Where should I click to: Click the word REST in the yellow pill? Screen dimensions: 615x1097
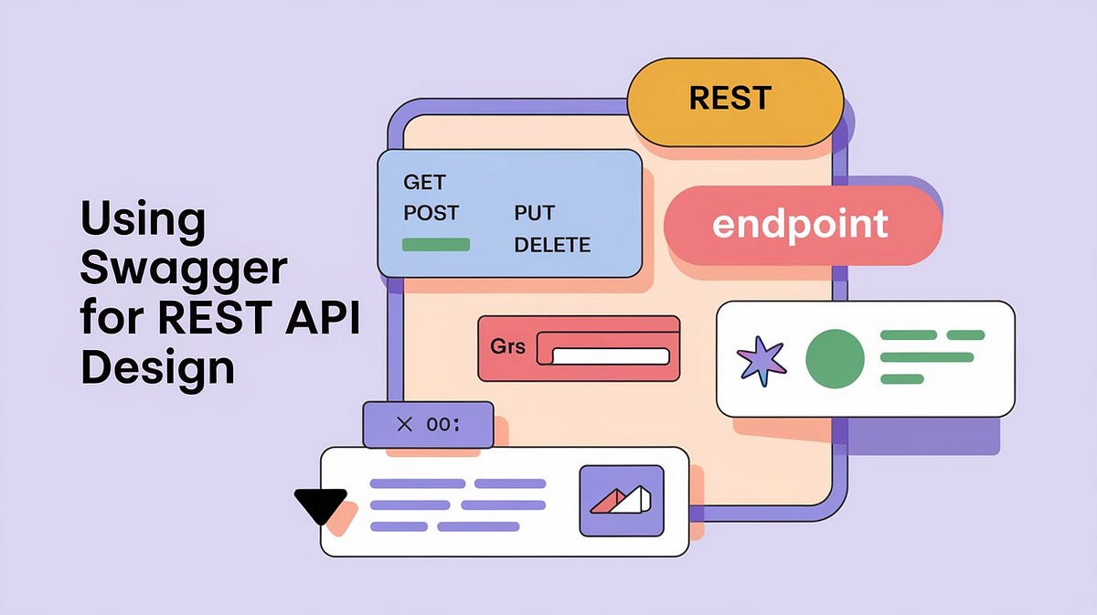730,98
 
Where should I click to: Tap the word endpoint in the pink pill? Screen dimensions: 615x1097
800,224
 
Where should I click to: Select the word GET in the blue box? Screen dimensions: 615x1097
424,182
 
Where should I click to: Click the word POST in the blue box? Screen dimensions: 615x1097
431,213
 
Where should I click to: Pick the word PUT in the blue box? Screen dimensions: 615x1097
534,213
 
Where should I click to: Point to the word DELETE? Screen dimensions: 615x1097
552,245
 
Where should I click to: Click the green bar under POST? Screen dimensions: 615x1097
436,245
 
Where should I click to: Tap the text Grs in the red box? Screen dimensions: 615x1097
509,348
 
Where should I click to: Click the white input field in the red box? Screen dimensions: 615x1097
611,356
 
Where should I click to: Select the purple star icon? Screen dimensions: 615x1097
762,360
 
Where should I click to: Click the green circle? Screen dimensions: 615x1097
835,359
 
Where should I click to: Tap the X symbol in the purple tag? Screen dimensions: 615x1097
406,425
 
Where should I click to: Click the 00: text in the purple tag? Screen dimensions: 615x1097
444,425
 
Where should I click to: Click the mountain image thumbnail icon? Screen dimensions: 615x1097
621,500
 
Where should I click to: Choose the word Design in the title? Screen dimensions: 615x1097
157,368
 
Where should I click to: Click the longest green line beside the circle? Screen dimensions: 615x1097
926,357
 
